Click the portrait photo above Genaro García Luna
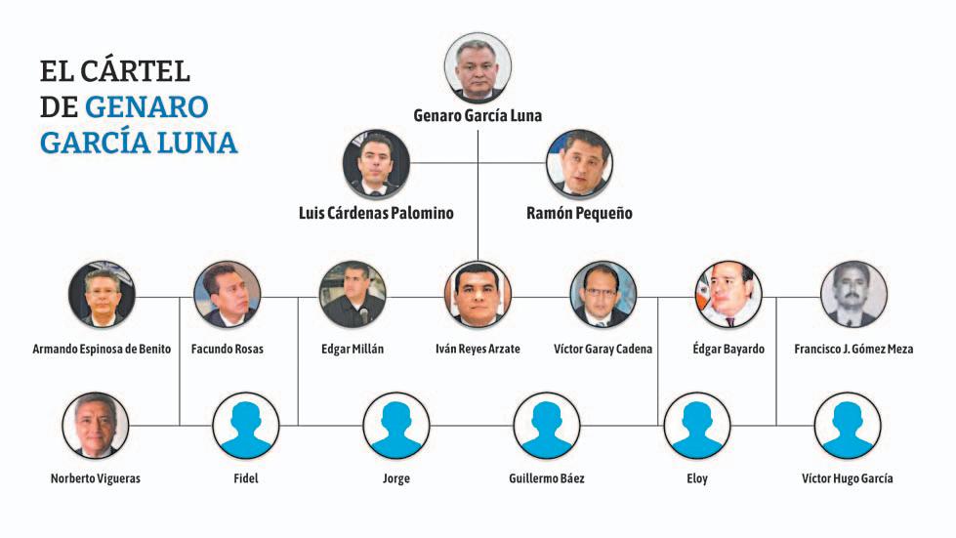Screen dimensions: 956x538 coord(478,67)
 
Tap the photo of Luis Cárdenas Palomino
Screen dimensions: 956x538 coord(376,162)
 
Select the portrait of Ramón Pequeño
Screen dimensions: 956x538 coord(578,162)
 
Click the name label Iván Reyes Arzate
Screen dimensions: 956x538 coord(478,349)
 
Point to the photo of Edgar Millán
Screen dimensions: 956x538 coord(353,294)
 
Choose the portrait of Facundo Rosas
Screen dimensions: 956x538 coord(227,294)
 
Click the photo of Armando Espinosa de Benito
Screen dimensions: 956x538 coord(102,294)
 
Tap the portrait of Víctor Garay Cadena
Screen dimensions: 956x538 coord(603,294)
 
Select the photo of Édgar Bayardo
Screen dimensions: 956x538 coord(728,294)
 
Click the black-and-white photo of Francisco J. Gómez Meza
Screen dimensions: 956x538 coord(853,294)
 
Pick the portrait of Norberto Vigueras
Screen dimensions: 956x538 coord(95,425)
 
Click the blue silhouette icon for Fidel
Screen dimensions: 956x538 coord(246,425)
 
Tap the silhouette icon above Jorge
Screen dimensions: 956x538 coord(395,425)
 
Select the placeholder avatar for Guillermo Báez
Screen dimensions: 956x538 coord(547,425)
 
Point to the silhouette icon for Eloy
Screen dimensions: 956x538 coord(696,425)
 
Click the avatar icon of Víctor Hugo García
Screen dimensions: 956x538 coord(847,425)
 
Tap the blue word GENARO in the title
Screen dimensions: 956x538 coord(145,106)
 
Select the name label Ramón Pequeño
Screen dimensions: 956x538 coord(578,213)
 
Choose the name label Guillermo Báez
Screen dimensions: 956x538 coord(547,478)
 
